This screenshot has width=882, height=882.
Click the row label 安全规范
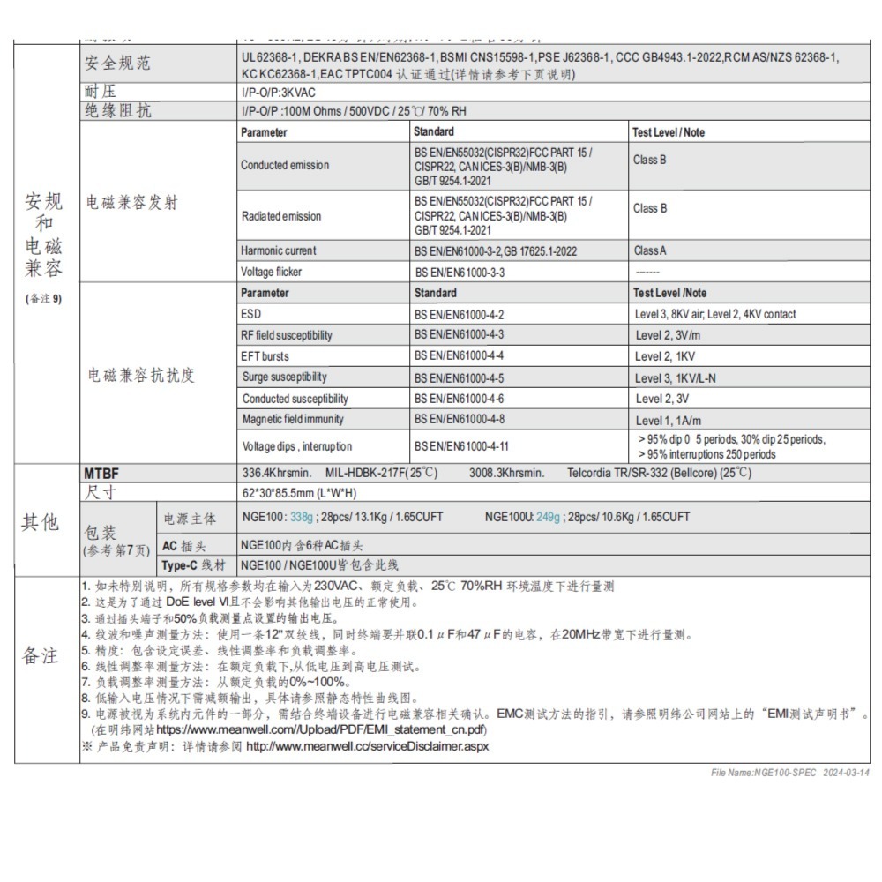[118, 63]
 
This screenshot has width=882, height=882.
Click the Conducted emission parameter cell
[285, 165]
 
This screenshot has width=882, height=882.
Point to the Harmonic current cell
[279, 250]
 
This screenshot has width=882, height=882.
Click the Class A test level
[651, 250]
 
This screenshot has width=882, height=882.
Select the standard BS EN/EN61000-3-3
[460, 273]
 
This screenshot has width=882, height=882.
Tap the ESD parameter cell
[251, 314]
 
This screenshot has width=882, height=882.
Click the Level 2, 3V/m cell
[668, 335]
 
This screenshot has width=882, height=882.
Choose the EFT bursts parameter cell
[265, 356]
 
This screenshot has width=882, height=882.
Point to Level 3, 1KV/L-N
[676, 377]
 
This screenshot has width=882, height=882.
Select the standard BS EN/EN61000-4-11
[462, 446]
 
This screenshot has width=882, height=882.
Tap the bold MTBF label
[100, 474]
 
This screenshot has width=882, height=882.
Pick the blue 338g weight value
[302, 517]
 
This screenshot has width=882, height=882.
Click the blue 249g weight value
[548, 517]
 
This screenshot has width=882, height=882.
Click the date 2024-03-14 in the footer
[846, 773]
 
